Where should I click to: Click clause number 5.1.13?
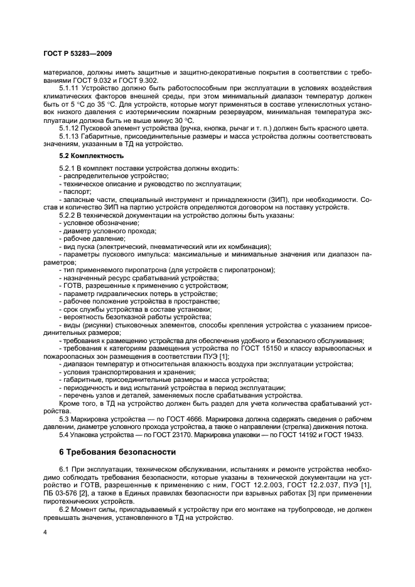[69, 136]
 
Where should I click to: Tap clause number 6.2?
[63, 509]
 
